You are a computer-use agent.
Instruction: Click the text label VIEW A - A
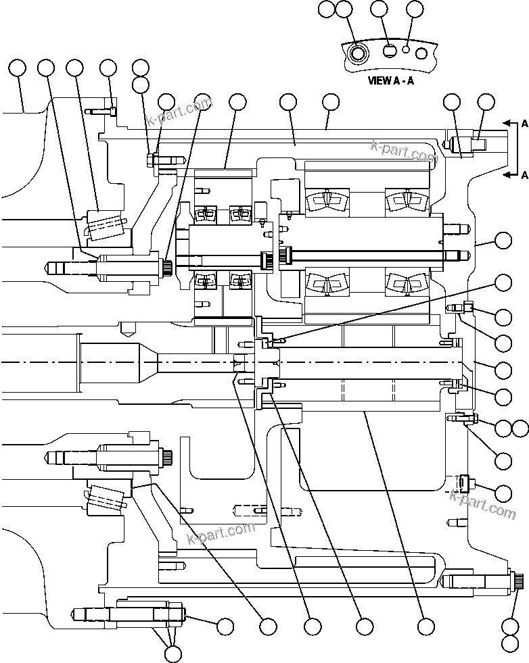pyautogui.click(x=390, y=80)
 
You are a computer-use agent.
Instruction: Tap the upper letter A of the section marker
pyautogui.click(x=524, y=124)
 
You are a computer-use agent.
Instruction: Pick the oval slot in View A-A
pyautogui.click(x=390, y=51)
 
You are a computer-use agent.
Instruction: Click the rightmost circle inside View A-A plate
pyautogui.click(x=421, y=53)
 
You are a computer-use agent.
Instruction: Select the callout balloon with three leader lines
pyautogui.click(x=173, y=653)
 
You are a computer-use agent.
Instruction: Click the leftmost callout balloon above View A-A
pyautogui.click(x=327, y=9)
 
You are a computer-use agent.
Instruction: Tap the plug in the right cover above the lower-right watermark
pyautogui.click(x=463, y=484)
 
